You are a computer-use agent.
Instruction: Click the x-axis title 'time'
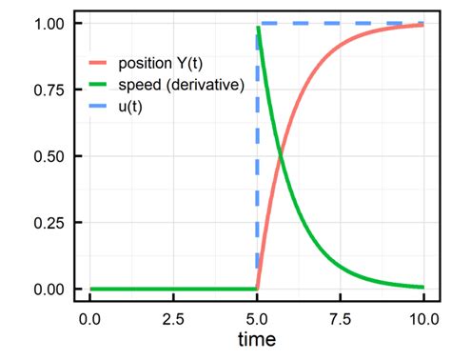(x=257, y=340)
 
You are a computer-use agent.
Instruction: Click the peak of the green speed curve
(x=258, y=29)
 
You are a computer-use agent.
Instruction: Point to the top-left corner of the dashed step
(x=258, y=23)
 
